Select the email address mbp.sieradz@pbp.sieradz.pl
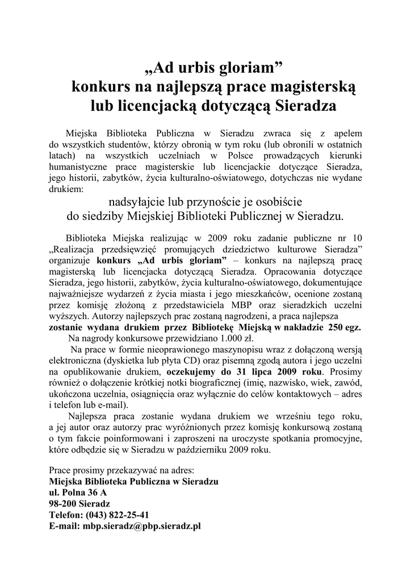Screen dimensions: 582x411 [142, 526]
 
